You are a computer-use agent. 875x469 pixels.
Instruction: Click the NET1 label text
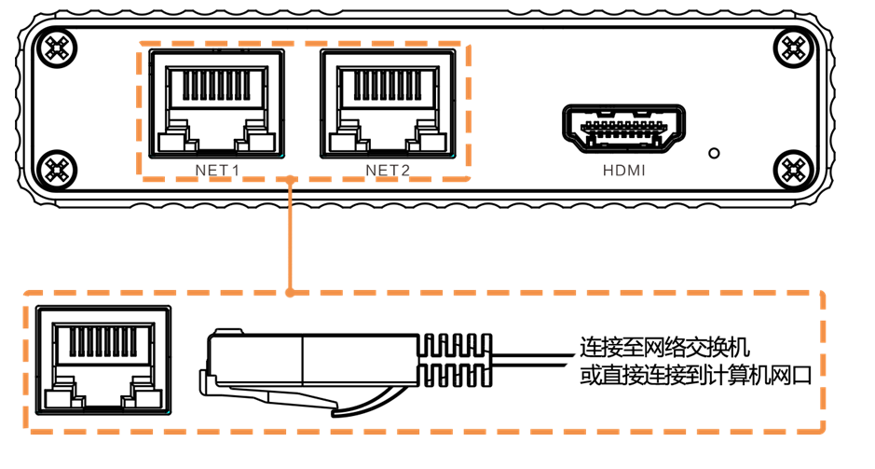[x=218, y=171]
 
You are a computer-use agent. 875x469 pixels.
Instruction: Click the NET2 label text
[x=388, y=171]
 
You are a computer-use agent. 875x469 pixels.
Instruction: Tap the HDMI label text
[x=622, y=172]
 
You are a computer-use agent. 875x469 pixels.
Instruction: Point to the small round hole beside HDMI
[x=715, y=151]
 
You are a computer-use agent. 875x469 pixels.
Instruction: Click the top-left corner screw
[x=59, y=47]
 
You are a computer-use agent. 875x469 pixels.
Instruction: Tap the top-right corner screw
[x=795, y=47]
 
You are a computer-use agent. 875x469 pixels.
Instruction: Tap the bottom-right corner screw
[x=795, y=169]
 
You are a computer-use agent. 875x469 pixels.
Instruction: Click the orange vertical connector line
[x=291, y=233]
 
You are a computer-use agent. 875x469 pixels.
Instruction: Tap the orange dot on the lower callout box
[x=291, y=292]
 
